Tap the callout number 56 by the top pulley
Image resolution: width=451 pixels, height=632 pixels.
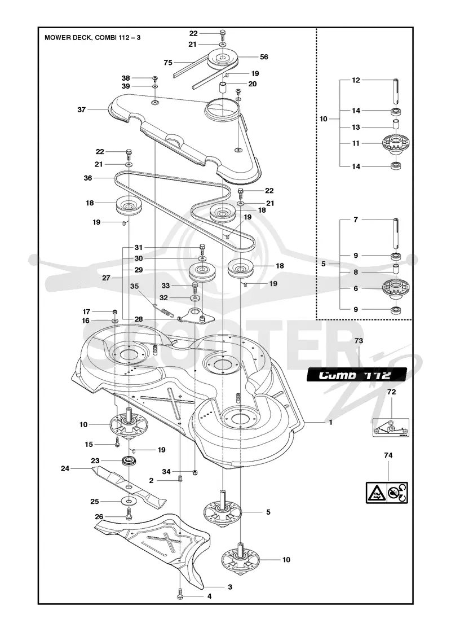coord(264,57)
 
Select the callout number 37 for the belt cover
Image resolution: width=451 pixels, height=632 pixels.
coord(81,109)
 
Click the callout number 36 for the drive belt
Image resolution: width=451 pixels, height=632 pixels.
coord(87,178)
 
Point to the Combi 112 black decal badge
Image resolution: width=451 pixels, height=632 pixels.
coord(357,375)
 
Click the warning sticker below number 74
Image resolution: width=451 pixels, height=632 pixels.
coord(387,493)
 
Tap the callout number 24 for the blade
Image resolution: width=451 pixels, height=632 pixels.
coord(65,468)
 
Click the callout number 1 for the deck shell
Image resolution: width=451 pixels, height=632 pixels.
coord(330,422)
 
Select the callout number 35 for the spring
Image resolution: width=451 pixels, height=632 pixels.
coord(135,286)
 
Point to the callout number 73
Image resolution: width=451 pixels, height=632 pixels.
coord(359,341)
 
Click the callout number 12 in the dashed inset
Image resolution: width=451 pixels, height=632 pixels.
coord(356,80)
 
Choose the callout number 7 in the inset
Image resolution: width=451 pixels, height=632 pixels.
coord(356,220)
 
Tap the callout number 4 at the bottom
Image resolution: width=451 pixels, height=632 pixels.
coord(209,596)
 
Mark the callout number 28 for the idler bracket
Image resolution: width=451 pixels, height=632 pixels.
coord(139,319)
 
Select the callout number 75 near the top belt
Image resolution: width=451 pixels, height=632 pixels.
coord(168,63)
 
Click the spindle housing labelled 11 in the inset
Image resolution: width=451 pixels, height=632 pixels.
coord(395,143)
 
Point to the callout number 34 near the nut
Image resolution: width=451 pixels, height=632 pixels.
coord(166,472)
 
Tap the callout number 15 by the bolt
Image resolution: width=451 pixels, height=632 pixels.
coord(89,444)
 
